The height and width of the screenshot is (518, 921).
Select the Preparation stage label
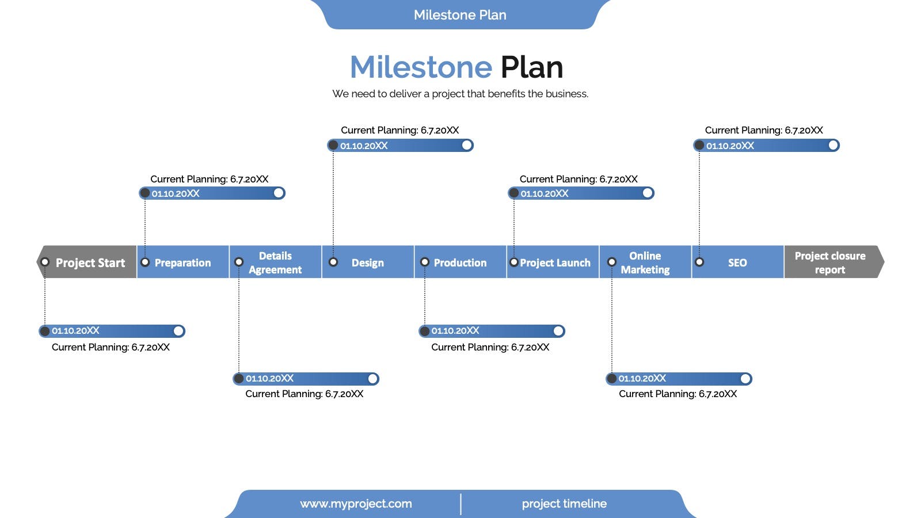pyautogui.click(x=182, y=262)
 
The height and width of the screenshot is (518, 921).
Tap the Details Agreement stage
pyautogui.click(x=275, y=262)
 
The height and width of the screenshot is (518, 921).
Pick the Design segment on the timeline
pyautogui.click(x=368, y=262)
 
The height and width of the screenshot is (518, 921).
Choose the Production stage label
pyautogui.click(x=460, y=262)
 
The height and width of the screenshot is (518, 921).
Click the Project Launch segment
pyautogui.click(x=553, y=262)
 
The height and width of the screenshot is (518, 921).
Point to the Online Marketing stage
pyautogui.click(x=645, y=262)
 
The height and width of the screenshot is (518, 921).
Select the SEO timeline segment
pyautogui.click(x=737, y=262)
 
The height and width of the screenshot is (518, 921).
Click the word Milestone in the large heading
pyautogui.click(x=421, y=67)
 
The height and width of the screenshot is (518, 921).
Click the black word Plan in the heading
pyautogui.click(x=532, y=67)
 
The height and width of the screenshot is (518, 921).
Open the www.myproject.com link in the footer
pyautogui.click(x=356, y=504)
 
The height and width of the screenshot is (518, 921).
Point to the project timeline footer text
pyautogui.click(x=564, y=504)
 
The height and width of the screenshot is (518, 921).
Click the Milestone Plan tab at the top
pyautogui.click(x=460, y=15)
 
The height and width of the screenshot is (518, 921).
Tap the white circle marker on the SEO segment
pyautogui.click(x=699, y=262)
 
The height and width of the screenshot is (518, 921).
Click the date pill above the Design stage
pyautogui.click(x=401, y=146)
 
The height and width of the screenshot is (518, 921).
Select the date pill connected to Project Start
pyautogui.click(x=112, y=331)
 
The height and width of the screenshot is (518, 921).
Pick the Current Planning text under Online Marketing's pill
pyautogui.click(x=678, y=394)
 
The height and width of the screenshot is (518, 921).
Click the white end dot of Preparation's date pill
pyautogui.click(x=279, y=193)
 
